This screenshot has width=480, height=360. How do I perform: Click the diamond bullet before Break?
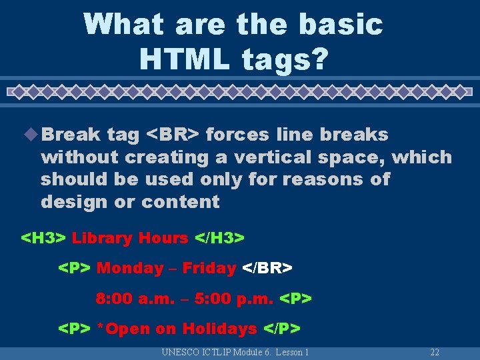[33, 134]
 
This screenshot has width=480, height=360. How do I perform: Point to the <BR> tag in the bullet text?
[172, 135]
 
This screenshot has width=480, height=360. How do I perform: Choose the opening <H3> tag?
[44, 238]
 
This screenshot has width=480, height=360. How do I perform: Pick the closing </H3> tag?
[219, 238]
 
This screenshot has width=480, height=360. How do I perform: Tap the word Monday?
[130, 269]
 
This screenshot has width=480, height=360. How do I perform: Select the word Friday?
[209, 269]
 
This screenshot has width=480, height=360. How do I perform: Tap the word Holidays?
[219, 329]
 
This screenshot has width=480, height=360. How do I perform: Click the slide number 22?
[435, 352]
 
